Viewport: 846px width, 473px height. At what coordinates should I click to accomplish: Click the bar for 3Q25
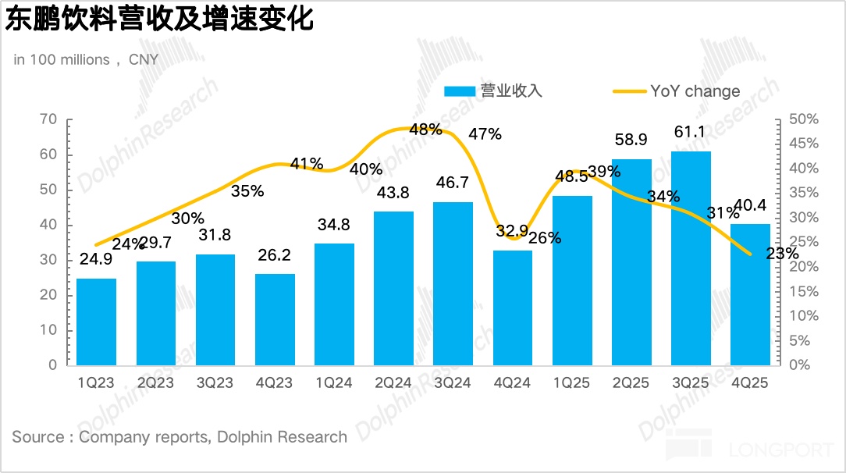click(691, 258)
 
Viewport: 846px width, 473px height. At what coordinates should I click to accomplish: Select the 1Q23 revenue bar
click(97, 322)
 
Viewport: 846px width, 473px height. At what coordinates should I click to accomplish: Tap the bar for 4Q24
click(513, 308)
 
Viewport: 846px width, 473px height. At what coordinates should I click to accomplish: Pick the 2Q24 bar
click(394, 288)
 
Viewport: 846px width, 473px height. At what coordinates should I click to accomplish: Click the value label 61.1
click(691, 133)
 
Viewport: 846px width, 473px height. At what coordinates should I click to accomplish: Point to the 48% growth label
click(425, 130)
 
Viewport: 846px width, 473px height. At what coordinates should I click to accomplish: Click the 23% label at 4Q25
click(782, 254)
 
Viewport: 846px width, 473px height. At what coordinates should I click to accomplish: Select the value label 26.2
click(275, 256)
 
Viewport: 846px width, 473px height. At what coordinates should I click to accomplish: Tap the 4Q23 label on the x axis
click(275, 382)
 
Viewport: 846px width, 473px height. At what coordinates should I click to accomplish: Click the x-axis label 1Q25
click(572, 382)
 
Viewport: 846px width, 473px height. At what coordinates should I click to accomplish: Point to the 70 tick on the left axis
click(48, 119)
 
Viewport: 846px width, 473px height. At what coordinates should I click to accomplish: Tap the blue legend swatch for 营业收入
click(460, 91)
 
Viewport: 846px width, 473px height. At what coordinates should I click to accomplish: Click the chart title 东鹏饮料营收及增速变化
click(160, 20)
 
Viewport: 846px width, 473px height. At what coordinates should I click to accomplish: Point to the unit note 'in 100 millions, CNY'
click(86, 60)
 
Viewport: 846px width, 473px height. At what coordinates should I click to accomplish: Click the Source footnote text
click(180, 437)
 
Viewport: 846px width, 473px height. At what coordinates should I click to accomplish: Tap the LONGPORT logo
click(753, 450)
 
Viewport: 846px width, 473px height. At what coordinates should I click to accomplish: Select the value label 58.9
click(631, 140)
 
